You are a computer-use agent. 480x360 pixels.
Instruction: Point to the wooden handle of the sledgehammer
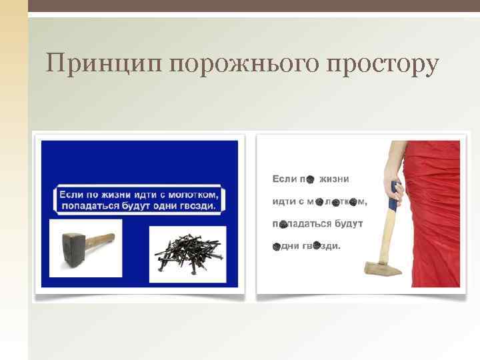click(x=101, y=237)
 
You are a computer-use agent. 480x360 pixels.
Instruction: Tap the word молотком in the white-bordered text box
click(x=193, y=194)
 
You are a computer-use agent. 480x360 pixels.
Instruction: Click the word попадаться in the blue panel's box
click(x=88, y=206)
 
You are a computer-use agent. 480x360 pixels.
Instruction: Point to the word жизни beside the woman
click(x=334, y=179)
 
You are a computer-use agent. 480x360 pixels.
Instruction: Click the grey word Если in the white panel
click(x=284, y=179)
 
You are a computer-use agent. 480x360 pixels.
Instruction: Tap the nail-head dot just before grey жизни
click(x=310, y=179)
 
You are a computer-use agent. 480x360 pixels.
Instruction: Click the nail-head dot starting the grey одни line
click(x=275, y=246)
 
